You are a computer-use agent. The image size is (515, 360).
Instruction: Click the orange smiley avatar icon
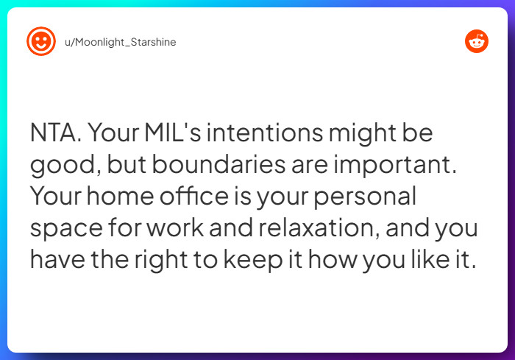(41, 42)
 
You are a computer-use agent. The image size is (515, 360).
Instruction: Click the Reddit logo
(477, 42)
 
